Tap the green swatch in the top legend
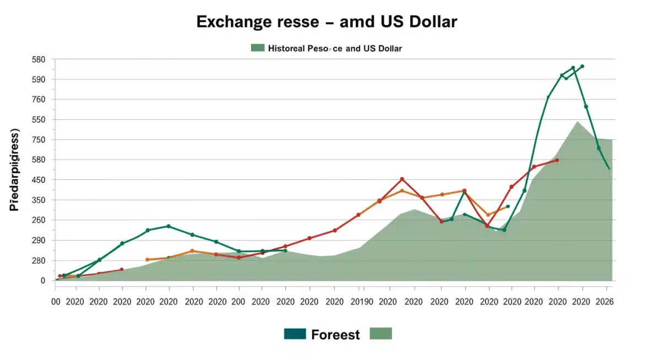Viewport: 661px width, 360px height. tap(258, 48)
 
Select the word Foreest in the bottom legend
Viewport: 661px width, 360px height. tap(335, 334)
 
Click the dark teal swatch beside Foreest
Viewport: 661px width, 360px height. tap(295, 334)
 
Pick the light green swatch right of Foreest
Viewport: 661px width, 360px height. tap(381, 334)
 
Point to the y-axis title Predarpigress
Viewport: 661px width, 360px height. tap(14, 170)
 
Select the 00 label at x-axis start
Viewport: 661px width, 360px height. tap(56, 302)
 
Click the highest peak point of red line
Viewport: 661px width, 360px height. tap(402, 179)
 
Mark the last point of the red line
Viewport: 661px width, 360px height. tap(557, 160)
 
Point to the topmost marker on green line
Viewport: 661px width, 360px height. tap(582, 66)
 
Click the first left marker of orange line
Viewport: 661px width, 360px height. tap(147, 259)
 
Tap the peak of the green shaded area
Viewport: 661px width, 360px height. tap(577, 122)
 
